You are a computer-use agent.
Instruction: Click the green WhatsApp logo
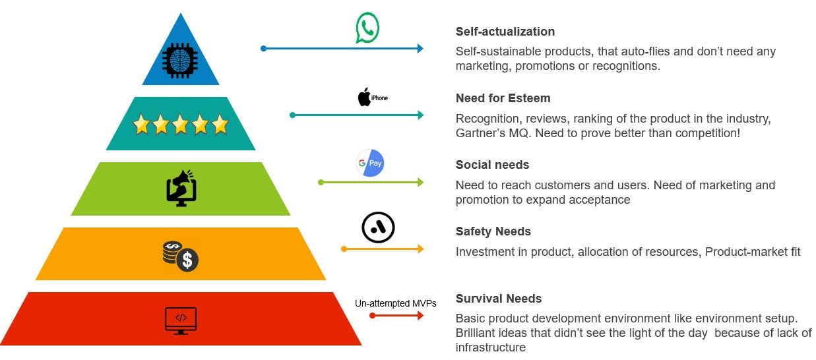[367, 28]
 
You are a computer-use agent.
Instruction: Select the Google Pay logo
[370, 163]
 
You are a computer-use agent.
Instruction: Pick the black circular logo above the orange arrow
[378, 228]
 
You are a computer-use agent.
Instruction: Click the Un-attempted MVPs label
[395, 303]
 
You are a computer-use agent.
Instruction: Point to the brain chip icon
[180, 61]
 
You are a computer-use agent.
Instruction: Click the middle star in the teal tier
[180, 124]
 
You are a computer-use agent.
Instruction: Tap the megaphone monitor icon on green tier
[181, 188]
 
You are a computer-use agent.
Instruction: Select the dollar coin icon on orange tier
[181, 256]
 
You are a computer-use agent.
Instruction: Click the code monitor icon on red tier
[181, 320]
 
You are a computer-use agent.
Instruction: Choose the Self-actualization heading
[505, 32]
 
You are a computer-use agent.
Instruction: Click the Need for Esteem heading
[503, 98]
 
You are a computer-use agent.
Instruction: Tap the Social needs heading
[492, 165]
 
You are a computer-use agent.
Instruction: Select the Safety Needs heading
[493, 231]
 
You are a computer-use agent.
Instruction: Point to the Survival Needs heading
[498, 299]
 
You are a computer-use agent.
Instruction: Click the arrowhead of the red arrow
[420, 316]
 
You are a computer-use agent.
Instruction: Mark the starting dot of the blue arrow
[263, 48]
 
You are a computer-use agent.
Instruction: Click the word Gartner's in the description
[480, 133]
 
